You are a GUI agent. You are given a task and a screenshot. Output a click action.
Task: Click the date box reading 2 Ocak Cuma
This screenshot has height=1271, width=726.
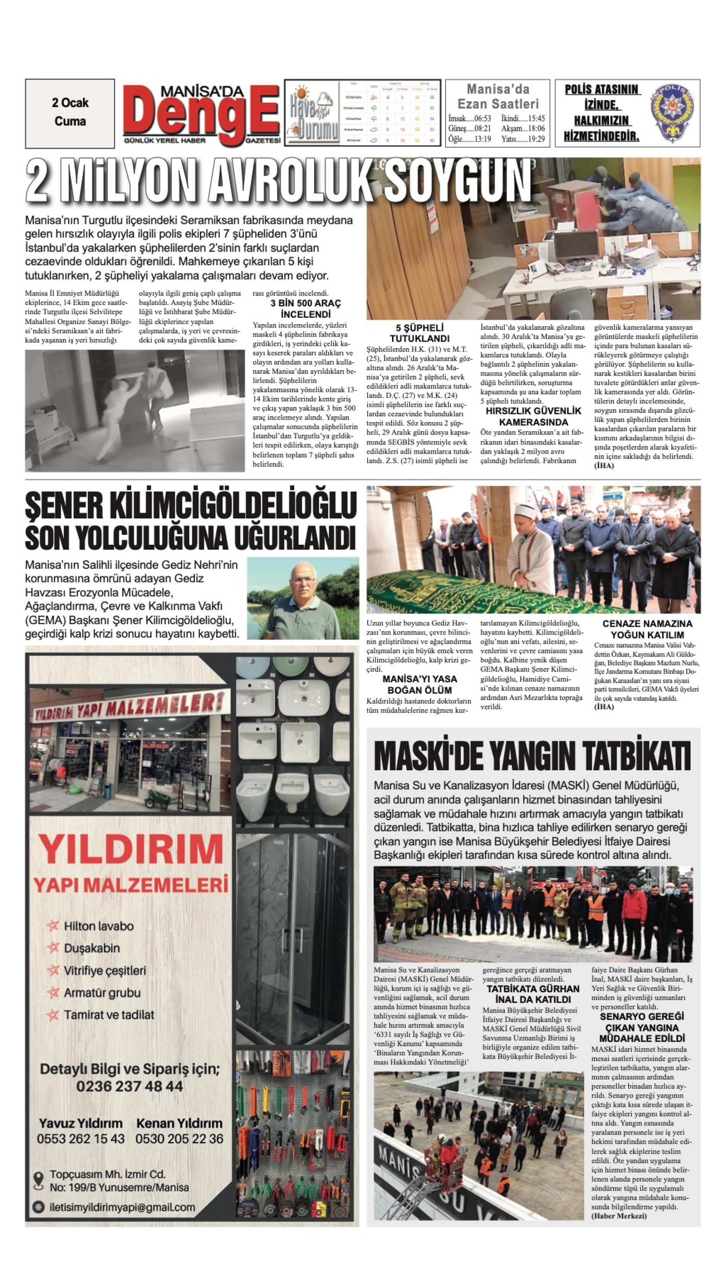point(70,113)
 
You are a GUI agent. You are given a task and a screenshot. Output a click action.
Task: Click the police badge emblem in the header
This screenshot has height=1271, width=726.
point(673,113)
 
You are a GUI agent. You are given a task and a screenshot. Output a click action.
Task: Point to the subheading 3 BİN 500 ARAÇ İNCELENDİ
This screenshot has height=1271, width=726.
point(305,309)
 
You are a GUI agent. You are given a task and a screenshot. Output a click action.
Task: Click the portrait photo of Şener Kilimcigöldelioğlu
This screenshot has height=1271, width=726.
point(303,598)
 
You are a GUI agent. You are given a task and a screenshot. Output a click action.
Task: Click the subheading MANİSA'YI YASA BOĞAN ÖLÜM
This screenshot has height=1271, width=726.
point(419,684)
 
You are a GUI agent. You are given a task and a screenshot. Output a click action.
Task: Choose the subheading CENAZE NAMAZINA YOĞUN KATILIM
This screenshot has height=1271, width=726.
point(647,629)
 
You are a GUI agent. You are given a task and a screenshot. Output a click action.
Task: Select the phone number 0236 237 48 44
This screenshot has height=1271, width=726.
point(129,1086)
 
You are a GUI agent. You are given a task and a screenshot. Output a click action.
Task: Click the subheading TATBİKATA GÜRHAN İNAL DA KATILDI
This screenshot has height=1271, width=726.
point(533,994)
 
